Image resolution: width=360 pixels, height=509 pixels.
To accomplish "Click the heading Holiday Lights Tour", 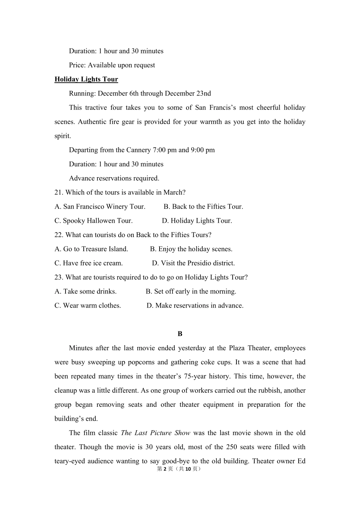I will (86, 79).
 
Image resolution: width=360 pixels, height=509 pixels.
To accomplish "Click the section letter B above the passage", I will (180, 334).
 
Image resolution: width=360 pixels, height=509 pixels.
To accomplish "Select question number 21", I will (58, 192).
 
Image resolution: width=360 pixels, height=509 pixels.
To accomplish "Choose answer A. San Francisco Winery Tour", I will (100, 206).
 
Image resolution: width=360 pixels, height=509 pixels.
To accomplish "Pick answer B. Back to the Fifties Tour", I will (203, 206).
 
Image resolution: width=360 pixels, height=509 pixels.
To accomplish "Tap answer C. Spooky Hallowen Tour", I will (93, 220).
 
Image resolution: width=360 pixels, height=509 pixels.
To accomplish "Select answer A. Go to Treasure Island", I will (91, 249).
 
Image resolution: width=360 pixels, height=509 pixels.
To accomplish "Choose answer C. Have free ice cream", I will (88, 263).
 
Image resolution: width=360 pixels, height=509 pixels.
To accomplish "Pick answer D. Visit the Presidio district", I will (193, 263).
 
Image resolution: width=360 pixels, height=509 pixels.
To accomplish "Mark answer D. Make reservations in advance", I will (195, 305).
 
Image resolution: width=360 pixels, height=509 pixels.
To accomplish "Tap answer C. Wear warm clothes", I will (88, 305).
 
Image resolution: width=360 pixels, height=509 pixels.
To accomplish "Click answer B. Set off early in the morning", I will (191, 291).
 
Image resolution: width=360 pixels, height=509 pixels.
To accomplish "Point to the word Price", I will (77, 65).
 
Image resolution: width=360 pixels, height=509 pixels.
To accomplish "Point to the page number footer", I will (180, 469).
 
